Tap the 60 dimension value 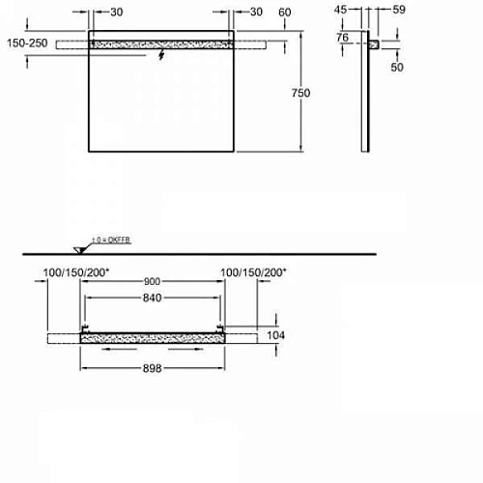(284, 13)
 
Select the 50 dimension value (396, 66)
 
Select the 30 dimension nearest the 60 (256, 13)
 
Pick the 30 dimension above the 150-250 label (116, 13)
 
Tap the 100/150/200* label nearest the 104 (253, 273)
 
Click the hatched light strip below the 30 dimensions (160, 44)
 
